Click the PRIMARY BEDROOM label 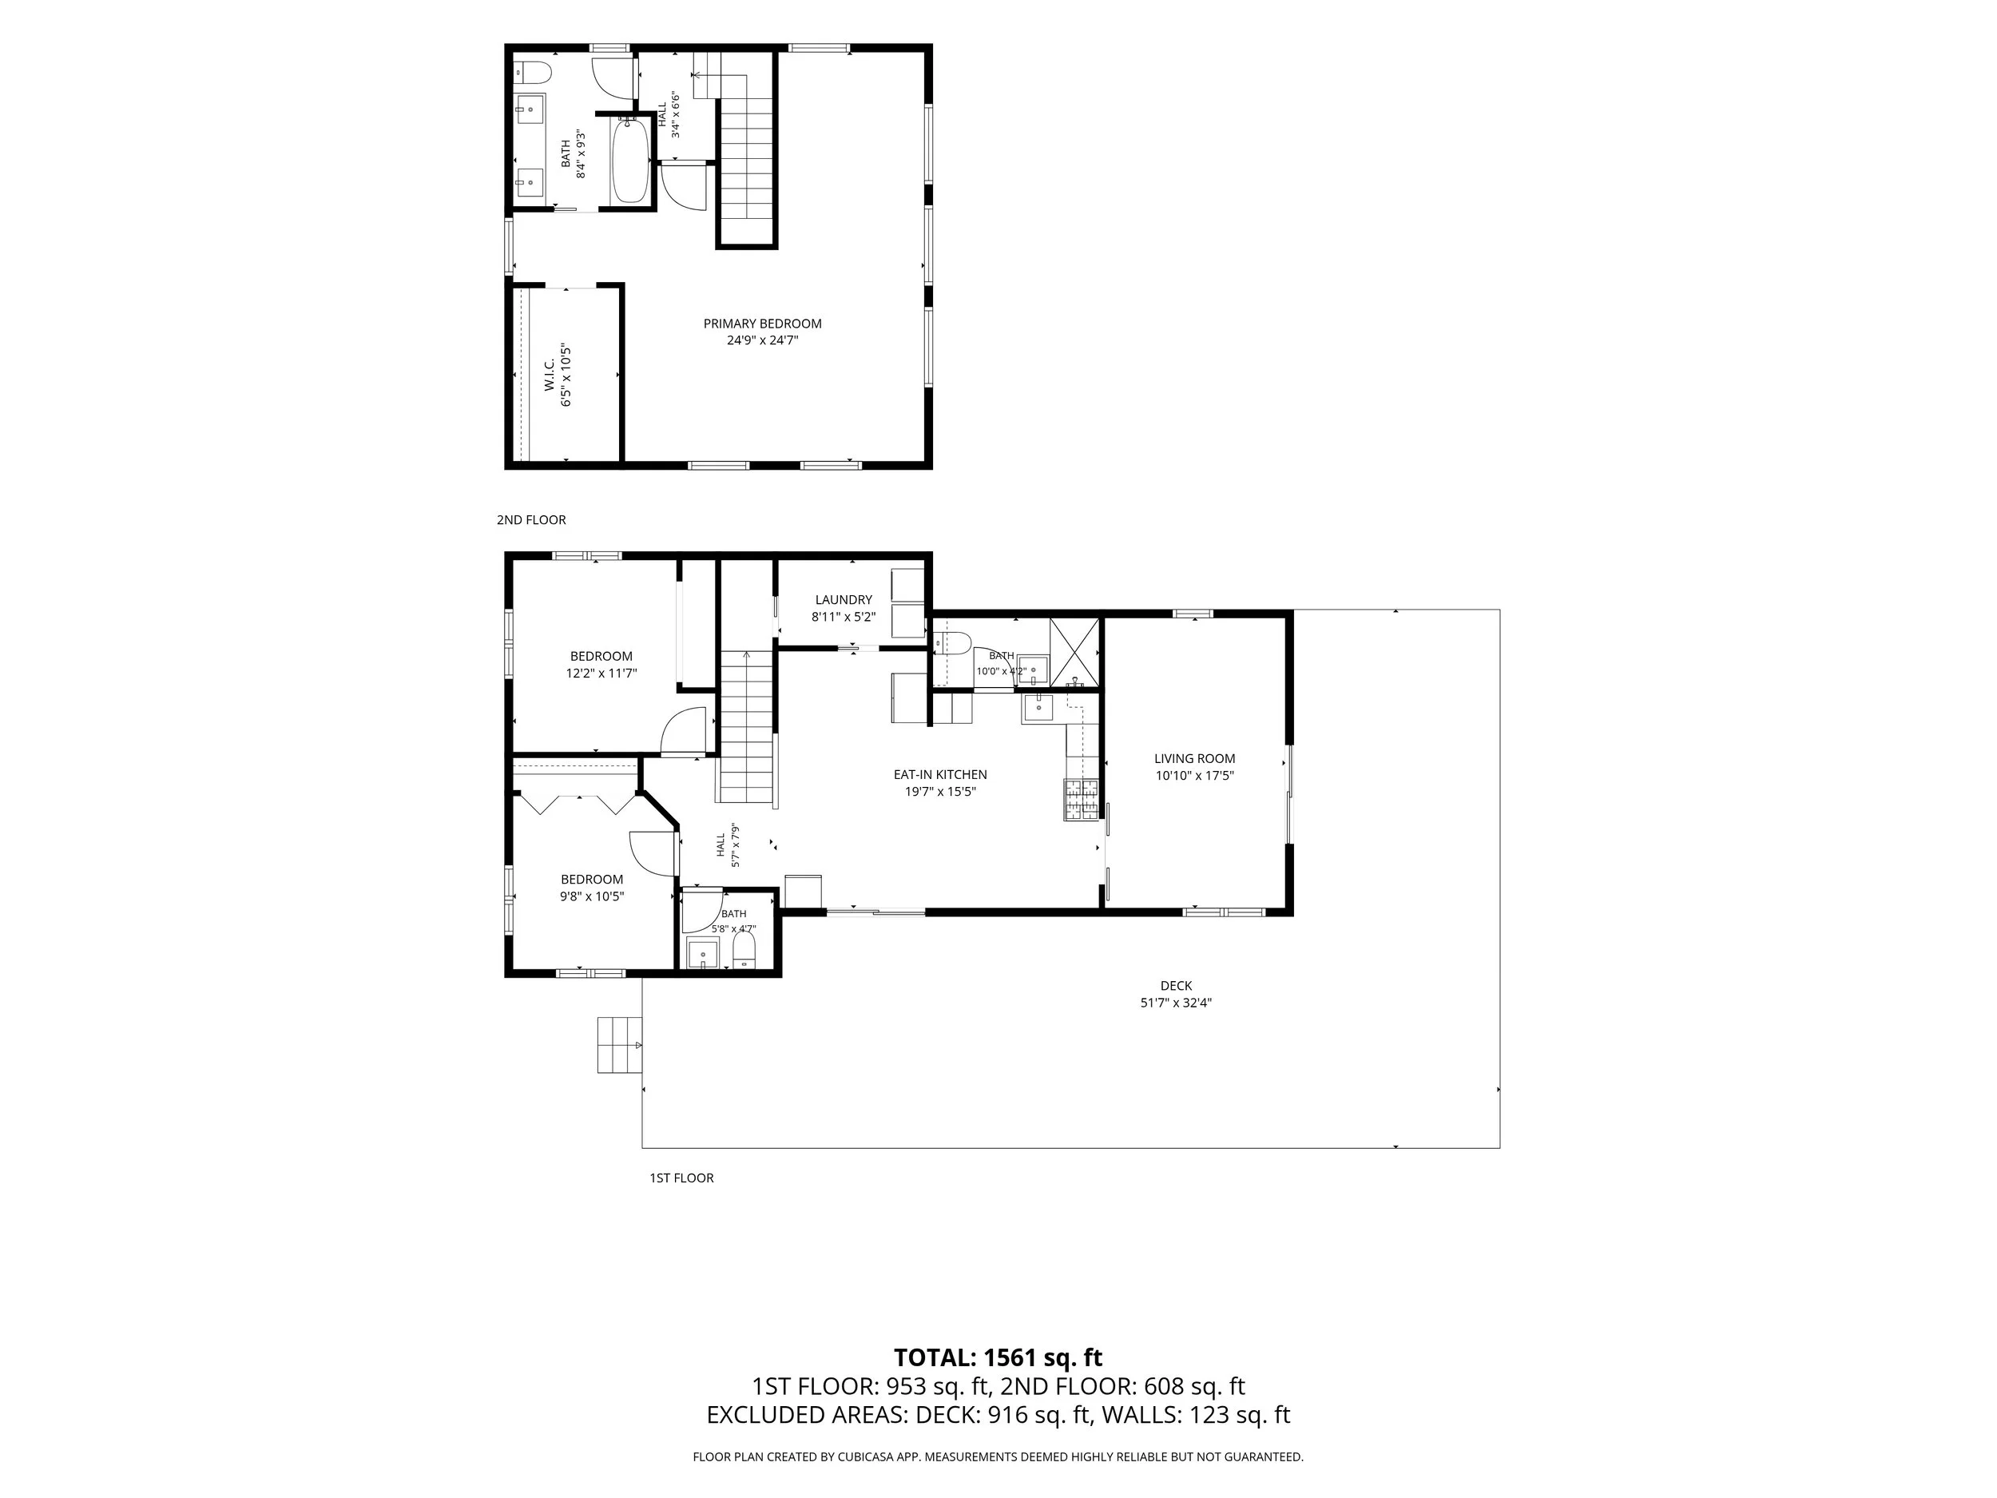pos(763,324)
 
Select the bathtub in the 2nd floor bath pos(630,161)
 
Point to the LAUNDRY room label pos(844,599)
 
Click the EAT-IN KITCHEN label pos(941,775)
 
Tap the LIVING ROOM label pos(1194,758)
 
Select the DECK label pos(1177,986)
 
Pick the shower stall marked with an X pos(1074,652)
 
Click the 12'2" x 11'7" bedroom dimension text pos(601,673)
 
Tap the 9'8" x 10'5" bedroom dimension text pos(592,896)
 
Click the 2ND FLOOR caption pos(531,520)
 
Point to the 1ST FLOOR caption pos(681,1178)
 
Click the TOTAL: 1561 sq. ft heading pos(998,1357)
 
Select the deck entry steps pos(619,1045)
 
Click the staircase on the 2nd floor pos(746,149)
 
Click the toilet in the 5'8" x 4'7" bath pos(744,950)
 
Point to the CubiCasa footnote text pos(998,1456)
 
